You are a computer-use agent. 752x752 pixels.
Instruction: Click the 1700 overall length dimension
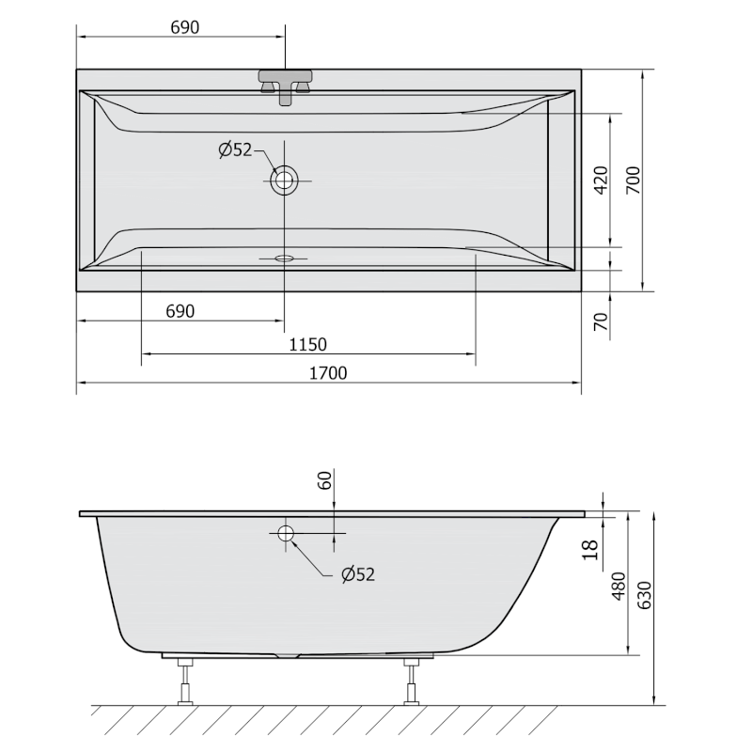point(329,372)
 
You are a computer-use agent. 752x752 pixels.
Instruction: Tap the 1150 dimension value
point(307,344)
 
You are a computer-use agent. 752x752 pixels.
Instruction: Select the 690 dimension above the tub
point(184,27)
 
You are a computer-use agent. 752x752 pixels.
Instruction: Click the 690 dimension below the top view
point(180,311)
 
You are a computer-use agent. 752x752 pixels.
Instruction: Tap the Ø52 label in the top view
point(235,149)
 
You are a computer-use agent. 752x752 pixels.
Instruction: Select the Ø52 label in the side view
point(358,574)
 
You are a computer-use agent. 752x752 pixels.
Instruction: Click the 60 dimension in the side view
point(324,480)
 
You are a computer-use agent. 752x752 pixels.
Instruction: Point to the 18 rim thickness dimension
point(589,550)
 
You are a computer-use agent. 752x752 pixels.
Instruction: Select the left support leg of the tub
point(186,681)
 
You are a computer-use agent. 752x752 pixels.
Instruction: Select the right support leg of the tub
point(411,681)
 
